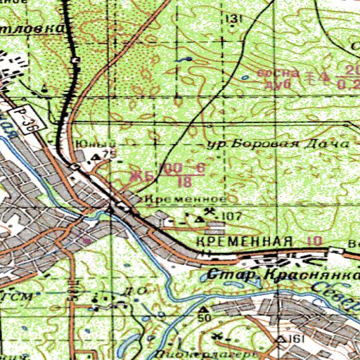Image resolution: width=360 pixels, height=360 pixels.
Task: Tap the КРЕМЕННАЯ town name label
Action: pyautogui.click(x=245, y=242)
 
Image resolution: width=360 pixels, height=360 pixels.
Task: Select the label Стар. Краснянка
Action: pyautogui.click(x=281, y=274)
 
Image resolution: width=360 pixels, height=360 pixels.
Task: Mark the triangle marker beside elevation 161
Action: pyautogui.click(x=280, y=339)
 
